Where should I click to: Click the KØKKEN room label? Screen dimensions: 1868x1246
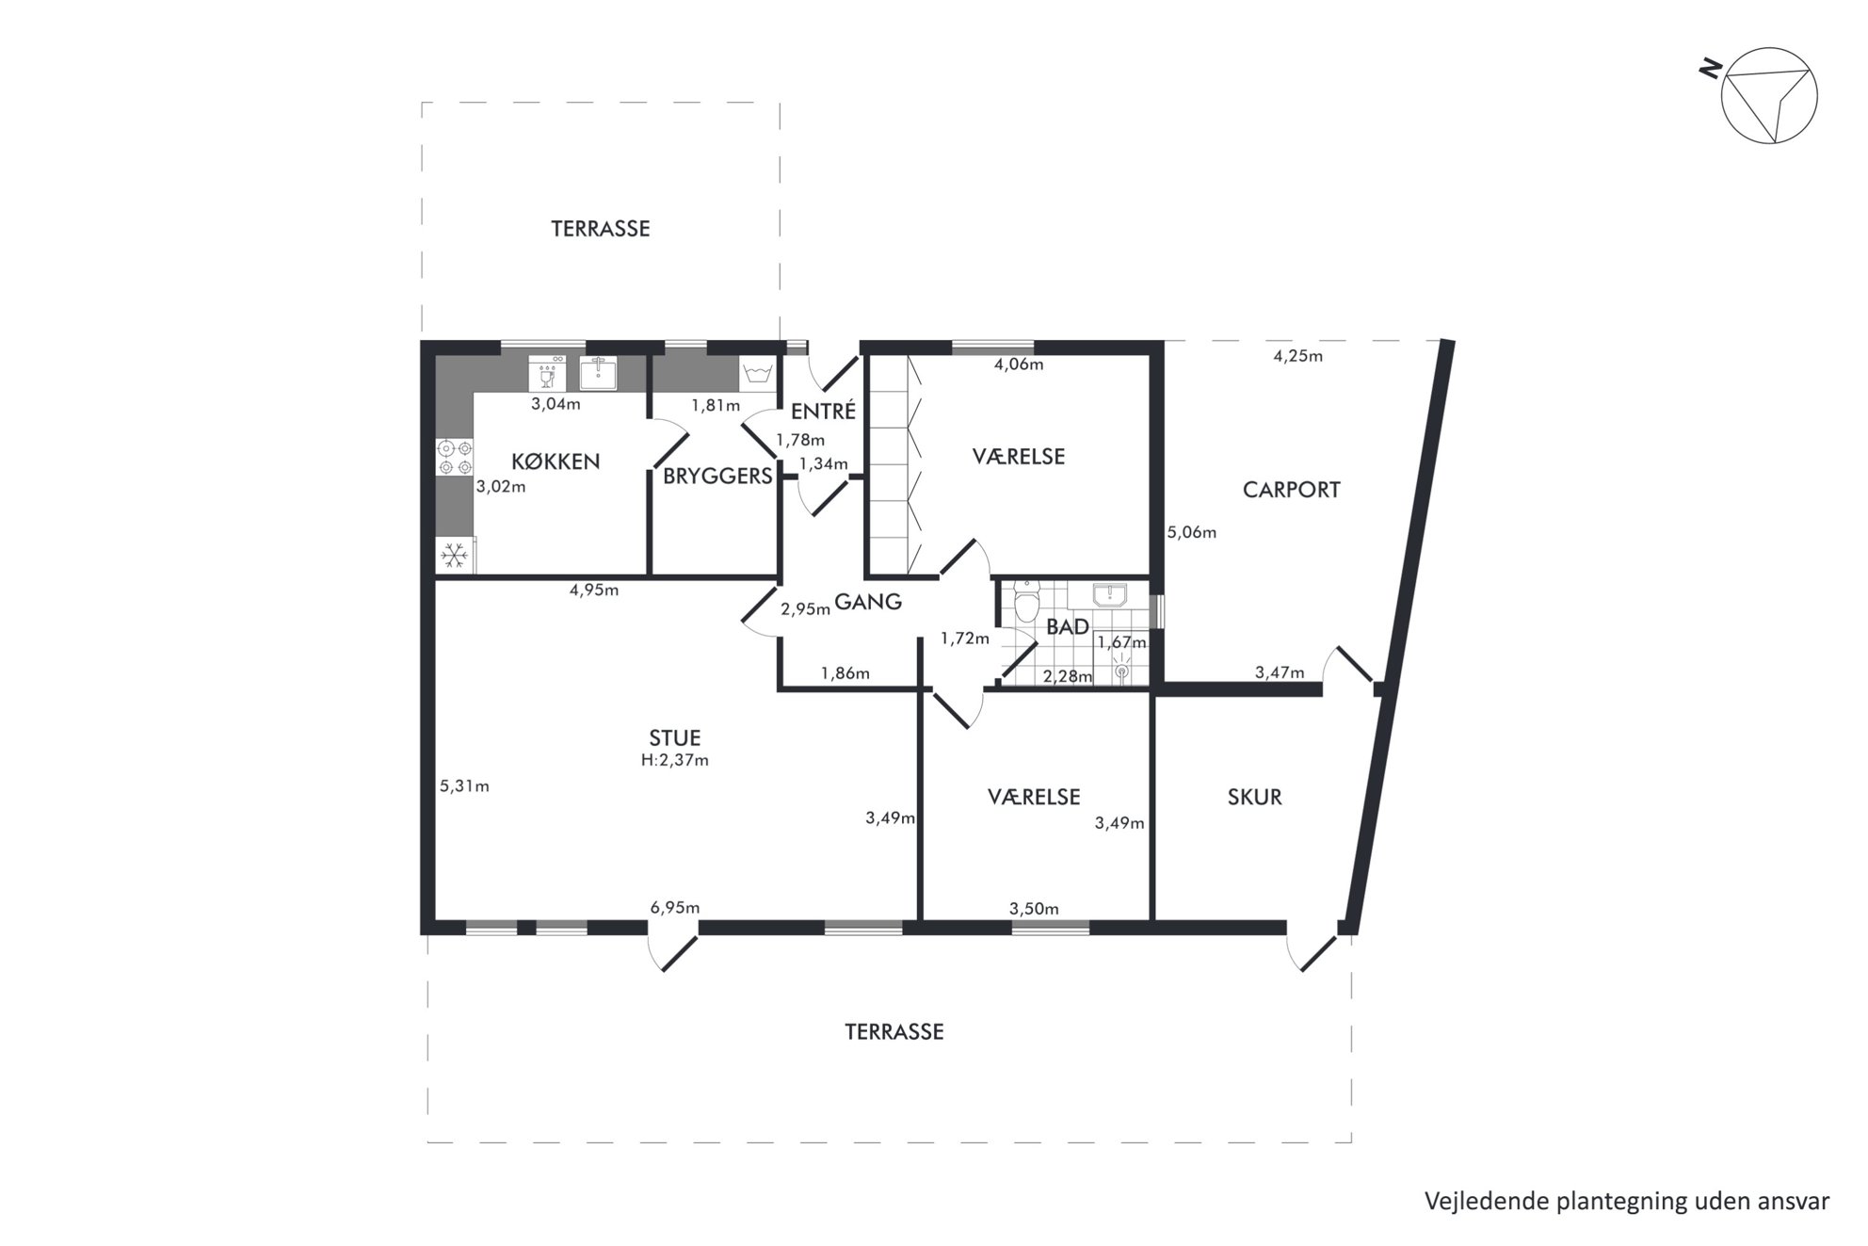click(556, 461)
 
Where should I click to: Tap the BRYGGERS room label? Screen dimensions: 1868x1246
click(717, 477)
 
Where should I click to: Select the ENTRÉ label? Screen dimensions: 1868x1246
click(823, 412)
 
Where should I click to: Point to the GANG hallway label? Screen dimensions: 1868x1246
click(868, 602)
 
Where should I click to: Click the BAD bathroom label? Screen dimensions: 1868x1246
click(1068, 627)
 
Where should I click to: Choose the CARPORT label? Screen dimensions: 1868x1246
click(1291, 490)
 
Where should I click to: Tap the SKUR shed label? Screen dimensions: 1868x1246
click(1254, 798)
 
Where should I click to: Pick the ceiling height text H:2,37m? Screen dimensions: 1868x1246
click(675, 760)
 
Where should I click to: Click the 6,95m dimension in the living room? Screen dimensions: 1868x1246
click(675, 908)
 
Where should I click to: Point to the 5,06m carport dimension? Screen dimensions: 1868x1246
click(1192, 533)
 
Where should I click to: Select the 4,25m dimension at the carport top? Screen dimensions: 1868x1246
click(1298, 356)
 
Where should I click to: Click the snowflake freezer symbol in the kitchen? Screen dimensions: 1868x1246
click(455, 556)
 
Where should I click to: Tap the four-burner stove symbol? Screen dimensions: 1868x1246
click(455, 458)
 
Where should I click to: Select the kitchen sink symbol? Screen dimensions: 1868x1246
click(598, 373)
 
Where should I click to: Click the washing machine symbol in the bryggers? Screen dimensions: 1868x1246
click(547, 373)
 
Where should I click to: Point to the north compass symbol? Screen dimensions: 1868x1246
click(1767, 94)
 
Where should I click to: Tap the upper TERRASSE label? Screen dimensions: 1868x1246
click(601, 229)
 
